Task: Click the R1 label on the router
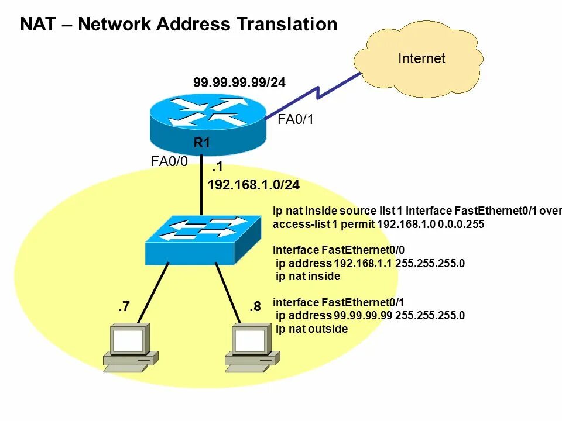202,142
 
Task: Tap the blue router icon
208,120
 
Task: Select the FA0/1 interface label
296,120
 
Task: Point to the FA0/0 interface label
169,162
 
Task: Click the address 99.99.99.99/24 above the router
239,83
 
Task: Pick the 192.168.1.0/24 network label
253,185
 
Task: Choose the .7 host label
123,306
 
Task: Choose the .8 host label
255,306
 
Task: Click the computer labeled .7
130,348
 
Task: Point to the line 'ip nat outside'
311,329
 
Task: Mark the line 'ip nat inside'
307,277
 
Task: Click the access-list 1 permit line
378,225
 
